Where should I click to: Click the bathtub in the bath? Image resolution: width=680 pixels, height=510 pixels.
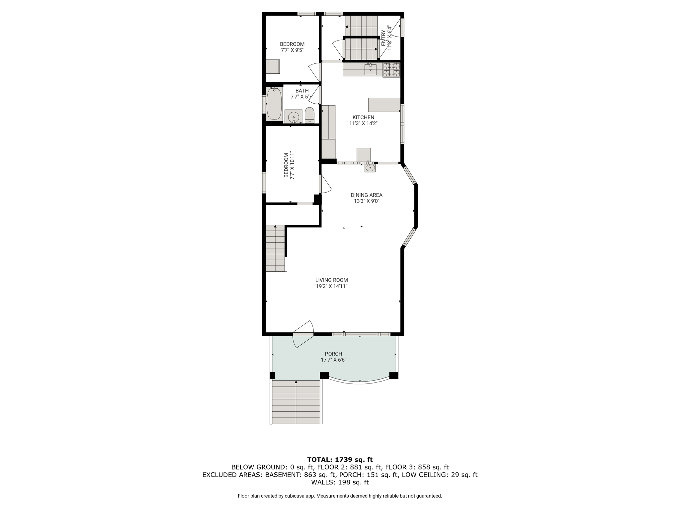pos(274,104)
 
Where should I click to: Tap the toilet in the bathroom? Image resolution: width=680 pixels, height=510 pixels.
pos(309,115)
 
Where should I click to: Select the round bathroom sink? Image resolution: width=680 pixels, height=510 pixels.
pos(294,117)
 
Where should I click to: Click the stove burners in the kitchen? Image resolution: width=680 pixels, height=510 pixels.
pos(392,70)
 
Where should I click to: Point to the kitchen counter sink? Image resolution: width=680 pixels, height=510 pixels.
pos(371,69)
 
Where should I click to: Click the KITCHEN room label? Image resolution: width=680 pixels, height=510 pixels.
pos(363,117)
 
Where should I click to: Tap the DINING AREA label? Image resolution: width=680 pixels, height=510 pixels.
pos(367,195)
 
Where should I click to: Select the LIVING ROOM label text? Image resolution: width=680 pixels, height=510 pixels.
pos(332,280)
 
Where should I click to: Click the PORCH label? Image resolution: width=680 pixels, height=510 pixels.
pos(333,354)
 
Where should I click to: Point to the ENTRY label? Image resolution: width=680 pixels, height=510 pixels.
pos(383,38)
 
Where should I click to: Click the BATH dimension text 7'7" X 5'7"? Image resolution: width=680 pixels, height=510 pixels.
pos(302,97)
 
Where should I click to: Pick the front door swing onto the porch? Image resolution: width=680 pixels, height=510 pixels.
pos(303,334)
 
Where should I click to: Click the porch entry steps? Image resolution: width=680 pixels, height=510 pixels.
pos(296,402)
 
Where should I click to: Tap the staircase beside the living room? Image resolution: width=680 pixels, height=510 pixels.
pos(276,248)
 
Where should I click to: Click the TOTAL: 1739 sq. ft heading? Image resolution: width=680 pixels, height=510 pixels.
pos(340,460)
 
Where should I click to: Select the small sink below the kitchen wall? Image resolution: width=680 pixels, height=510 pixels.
pos(370,168)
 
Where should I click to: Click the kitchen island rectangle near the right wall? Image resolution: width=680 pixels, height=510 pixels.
pos(384,105)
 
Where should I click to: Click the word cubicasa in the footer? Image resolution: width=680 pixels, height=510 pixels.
pos(293,496)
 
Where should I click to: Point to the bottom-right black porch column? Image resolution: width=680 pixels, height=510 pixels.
pos(393,376)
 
